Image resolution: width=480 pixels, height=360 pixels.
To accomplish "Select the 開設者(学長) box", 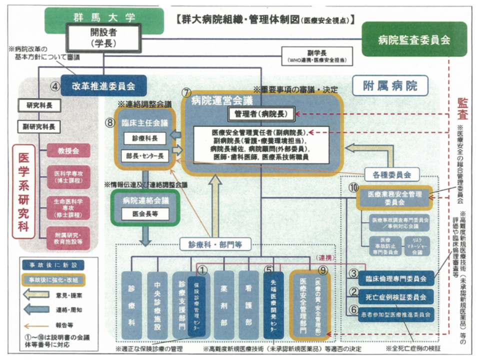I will click(103, 38).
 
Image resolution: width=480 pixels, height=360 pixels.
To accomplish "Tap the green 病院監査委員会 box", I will click(413, 39).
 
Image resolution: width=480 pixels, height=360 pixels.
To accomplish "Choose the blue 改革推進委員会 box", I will click(104, 85).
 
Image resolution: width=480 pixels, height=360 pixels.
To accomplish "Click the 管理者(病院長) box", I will click(261, 114).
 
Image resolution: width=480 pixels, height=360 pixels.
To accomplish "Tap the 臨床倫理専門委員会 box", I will click(395, 278).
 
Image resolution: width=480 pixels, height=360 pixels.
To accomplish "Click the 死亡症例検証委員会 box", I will click(395, 296).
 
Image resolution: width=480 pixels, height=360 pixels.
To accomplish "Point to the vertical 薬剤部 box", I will click(224, 305).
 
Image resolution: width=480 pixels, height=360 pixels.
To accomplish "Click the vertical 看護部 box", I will click(248, 305).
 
